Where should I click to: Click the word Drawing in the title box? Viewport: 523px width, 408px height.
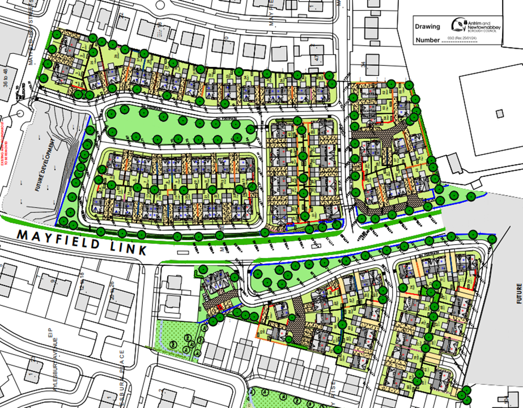point(427,26)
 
